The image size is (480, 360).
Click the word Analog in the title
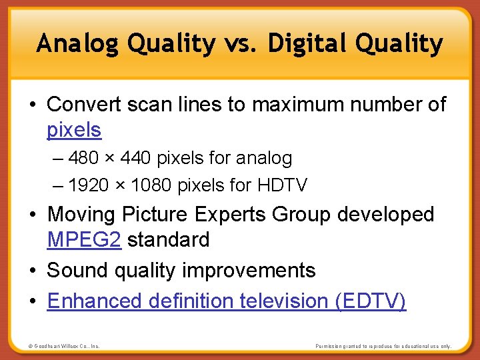pyautogui.click(x=79, y=44)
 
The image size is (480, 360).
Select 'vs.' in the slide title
pyautogui.click(x=241, y=44)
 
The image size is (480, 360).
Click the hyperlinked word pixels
pyautogui.click(x=74, y=129)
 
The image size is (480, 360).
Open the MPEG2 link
pyautogui.click(x=84, y=239)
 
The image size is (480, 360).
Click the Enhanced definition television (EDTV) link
pyautogui.click(x=226, y=301)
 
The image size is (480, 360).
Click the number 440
pyautogui.click(x=137, y=158)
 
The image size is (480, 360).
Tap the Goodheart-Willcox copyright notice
pyautogui.click(x=64, y=346)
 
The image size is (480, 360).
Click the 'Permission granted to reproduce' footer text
pyautogui.click(x=383, y=346)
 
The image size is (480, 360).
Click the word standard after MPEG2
pyautogui.click(x=168, y=239)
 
